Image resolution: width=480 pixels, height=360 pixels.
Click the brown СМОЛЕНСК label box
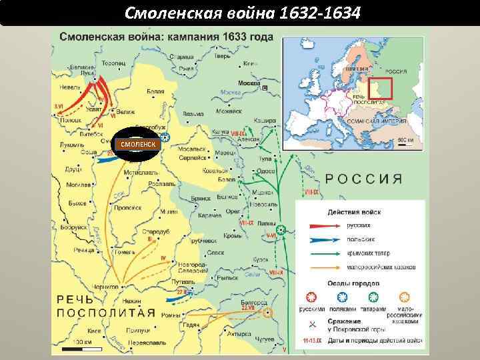[x=137, y=143]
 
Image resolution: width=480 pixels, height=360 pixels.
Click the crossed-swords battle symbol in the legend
[x=311, y=325]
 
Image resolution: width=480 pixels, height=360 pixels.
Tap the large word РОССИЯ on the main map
[x=363, y=179]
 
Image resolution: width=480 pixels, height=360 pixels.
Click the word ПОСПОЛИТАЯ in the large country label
[x=100, y=313]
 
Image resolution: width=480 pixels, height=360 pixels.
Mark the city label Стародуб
[x=155, y=231]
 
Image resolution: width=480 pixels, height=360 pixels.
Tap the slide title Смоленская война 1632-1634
[x=239, y=12]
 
